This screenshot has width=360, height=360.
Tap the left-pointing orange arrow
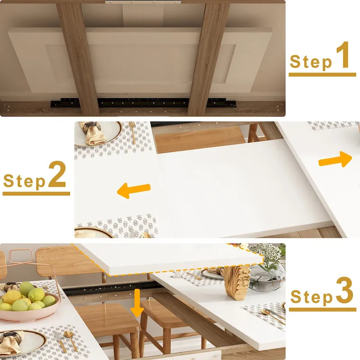[134, 191]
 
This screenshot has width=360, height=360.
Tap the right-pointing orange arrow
[336, 159]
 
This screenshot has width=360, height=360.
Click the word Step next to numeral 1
[310, 62]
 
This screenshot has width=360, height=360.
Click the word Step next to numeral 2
[24, 181]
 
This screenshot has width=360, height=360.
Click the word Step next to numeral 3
[311, 297]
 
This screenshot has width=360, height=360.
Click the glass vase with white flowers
[267, 270]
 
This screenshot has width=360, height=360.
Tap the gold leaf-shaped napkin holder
[237, 282]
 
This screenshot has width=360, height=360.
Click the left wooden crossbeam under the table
[78, 58]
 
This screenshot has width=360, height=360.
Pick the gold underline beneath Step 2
[36, 193]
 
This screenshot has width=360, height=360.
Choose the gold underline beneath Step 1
[322, 74]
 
